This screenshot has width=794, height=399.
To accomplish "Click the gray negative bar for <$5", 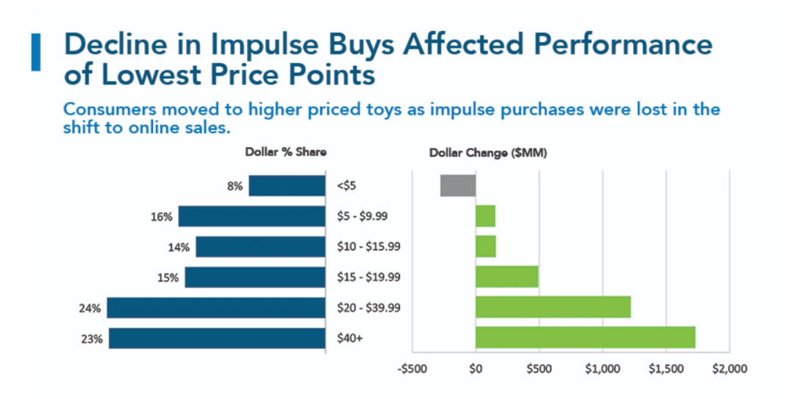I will tap(458, 185).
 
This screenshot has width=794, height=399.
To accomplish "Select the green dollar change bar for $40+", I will tap(585, 337).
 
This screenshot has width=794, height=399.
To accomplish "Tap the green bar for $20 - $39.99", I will tap(553, 306).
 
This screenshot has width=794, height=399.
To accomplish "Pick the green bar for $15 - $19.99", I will tap(507, 276).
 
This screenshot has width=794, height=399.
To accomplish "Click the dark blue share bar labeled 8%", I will tap(287, 186).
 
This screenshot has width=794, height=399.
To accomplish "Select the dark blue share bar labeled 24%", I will tap(216, 307).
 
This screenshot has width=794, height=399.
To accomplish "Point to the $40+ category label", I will tap(346, 338).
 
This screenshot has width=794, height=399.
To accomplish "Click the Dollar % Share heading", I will tap(286, 153).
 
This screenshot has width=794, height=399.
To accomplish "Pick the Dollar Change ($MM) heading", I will tap(487, 153).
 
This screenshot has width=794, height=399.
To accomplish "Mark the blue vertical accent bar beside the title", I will tap(35, 52).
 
